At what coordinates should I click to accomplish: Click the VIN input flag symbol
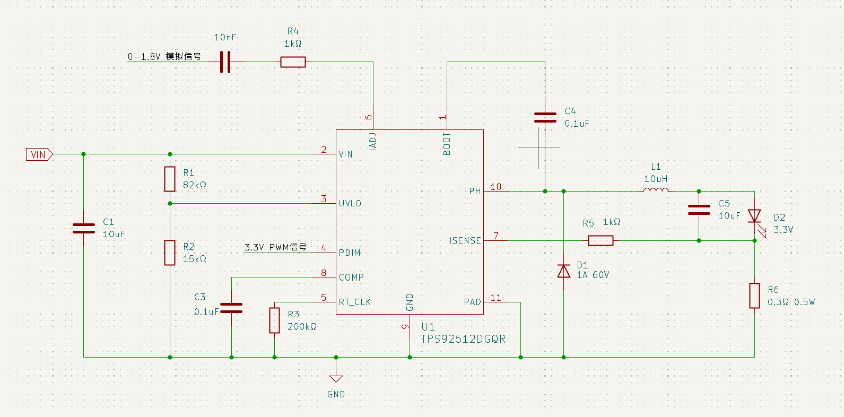(39, 154)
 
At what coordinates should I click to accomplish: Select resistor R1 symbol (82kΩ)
(170, 179)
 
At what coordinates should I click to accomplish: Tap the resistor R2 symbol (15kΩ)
(170, 253)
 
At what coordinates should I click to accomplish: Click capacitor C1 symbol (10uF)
(84, 228)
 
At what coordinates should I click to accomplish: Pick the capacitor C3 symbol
(231, 308)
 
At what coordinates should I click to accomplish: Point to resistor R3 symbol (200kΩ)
(274, 320)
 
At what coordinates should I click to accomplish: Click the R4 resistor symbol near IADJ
(293, 62)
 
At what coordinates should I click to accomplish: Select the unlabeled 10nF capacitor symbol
(225, 62)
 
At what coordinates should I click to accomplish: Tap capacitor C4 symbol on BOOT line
(545, 117)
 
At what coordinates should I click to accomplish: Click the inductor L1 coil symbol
(656, 190)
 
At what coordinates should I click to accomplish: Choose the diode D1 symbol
(563, 271)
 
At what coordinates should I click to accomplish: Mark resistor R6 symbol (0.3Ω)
(754, 296)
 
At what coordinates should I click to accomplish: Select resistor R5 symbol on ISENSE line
(601, 240)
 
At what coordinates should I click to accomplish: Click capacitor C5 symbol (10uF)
(699, 210)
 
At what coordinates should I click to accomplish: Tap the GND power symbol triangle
(336, 379)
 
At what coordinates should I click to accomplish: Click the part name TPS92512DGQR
(463, 339)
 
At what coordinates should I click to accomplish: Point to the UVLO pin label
(350, 203)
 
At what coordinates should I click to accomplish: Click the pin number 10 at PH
(495, 187)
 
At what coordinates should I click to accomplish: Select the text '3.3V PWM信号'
(275, 247)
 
